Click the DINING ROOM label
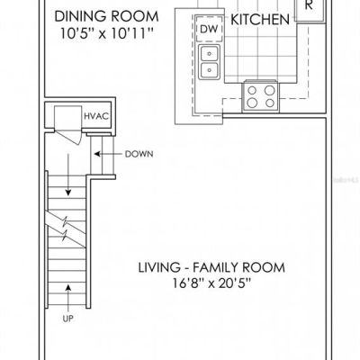106,16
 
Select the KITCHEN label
260,20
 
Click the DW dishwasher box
209,29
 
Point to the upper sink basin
210,54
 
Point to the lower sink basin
210,70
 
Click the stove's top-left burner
253,90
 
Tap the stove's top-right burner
270,90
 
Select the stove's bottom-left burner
252,103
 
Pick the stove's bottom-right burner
270,103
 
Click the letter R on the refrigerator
309,5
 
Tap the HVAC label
96,116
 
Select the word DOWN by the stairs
139,154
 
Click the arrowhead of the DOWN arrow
97,154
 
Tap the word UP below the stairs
68,319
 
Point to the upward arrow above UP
68,298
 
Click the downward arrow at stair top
68,175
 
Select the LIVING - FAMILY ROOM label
211,267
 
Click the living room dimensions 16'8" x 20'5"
211,283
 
